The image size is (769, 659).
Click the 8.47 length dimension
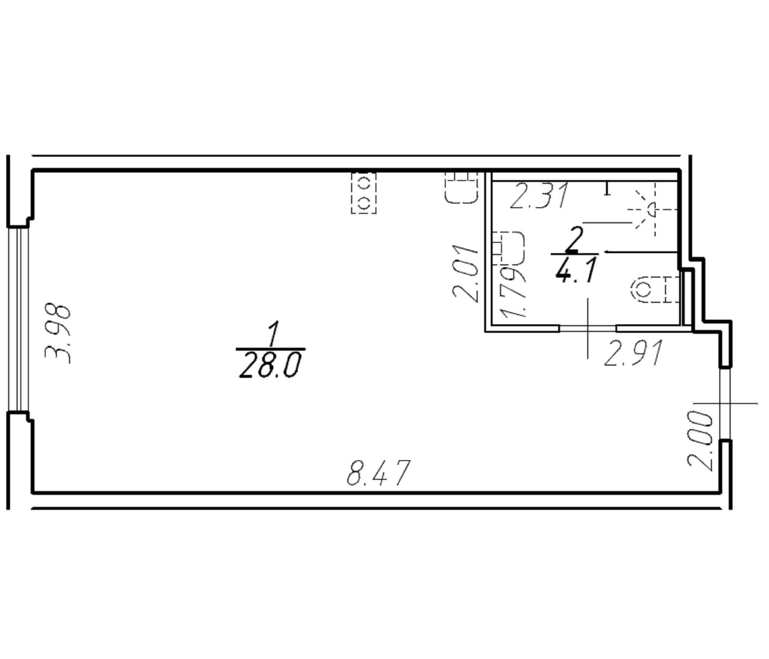click(x=379, y=473)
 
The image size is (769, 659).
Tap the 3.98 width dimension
click(x=57, y=334)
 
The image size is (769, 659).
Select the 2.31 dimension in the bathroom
click(x=540, y=196)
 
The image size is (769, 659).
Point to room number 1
click(x=273, y=334)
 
